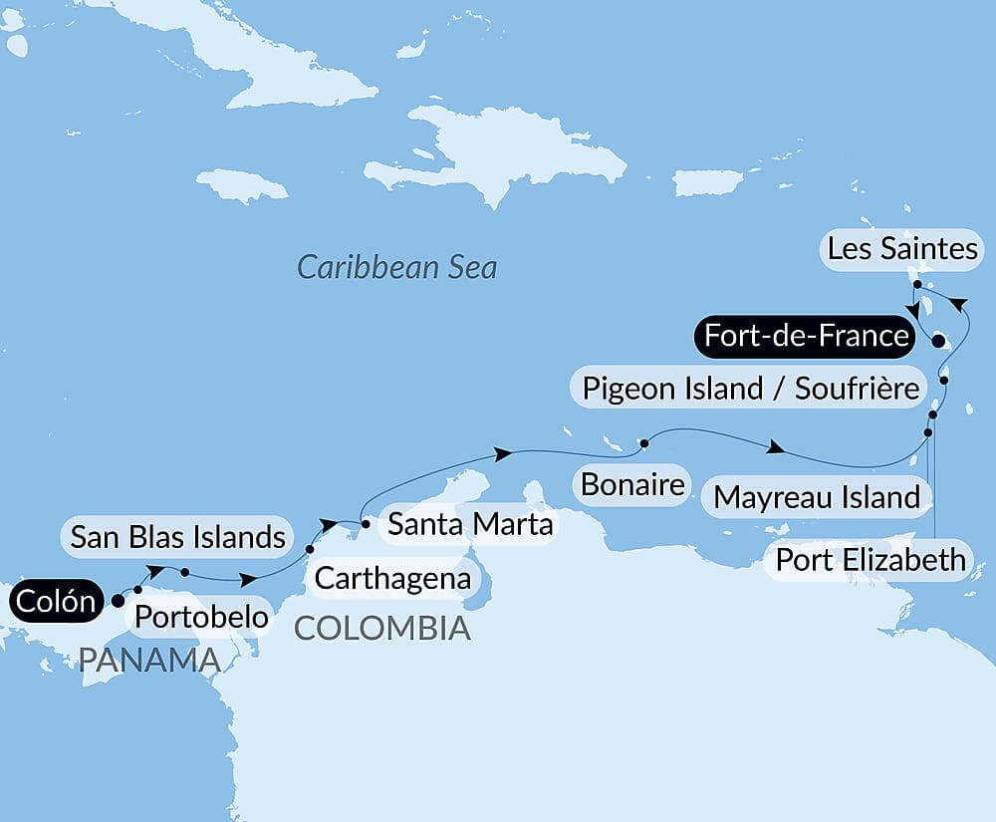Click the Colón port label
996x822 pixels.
coord(57,602)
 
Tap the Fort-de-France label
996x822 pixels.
coord(806,336)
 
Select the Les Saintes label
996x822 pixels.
coord(902,249)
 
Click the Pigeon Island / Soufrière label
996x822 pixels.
coord(751,388)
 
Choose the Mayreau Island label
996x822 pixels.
coord(817,496)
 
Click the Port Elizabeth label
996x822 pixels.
coord(871,559)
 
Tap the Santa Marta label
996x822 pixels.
coord(469,523)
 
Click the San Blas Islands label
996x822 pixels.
coord(178,537)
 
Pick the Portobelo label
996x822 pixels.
coord(201,617)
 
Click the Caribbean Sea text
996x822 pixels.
coord(396,268)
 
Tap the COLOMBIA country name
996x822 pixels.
coord(382,628)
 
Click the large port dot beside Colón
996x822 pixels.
coord(118,601)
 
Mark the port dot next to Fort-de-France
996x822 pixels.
coord(937,342)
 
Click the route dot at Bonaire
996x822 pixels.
coord(644,442)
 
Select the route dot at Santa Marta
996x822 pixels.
coord(366,523)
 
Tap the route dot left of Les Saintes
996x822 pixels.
coord(916,284)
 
